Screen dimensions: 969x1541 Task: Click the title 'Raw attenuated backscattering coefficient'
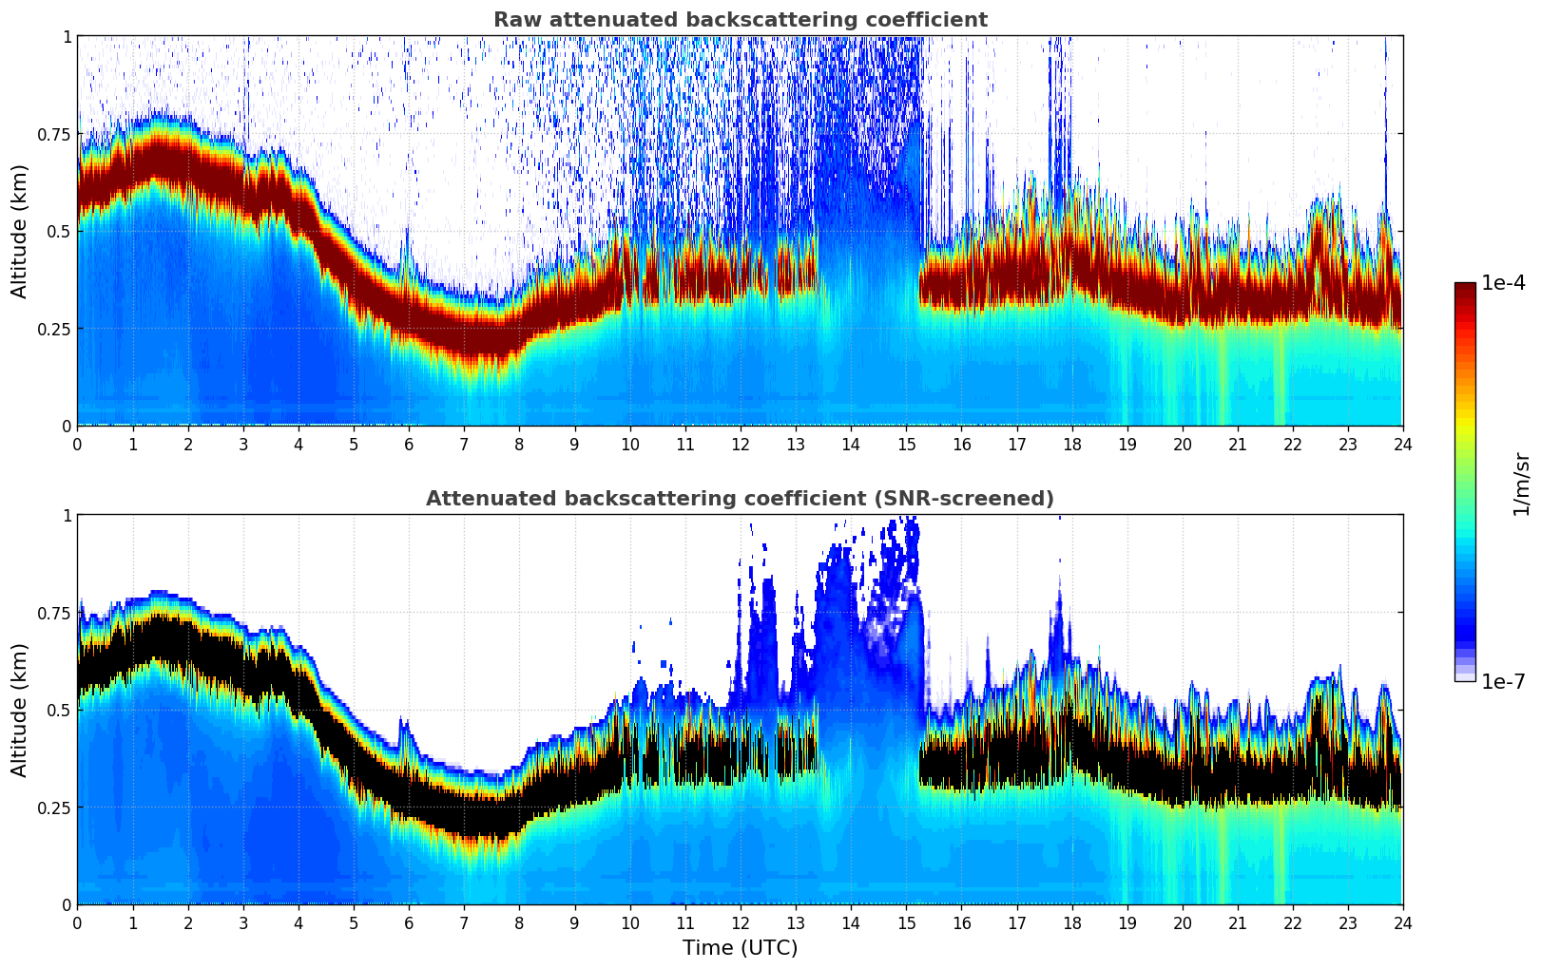coord(740,20)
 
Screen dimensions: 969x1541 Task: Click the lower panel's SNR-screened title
coord(740,499)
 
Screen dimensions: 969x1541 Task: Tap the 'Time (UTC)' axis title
coord(740,948)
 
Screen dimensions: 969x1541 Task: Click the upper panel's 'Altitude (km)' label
coord(20,231)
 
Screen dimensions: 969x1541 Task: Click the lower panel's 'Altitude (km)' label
coord(20,710)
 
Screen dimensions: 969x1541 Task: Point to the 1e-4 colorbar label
coord(1503,283)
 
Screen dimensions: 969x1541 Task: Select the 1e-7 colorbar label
coord(1503,682)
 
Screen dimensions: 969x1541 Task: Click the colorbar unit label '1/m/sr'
coord(1521,484)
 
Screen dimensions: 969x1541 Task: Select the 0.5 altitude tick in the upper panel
coord(61,231)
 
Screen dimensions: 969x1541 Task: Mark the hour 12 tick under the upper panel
coord(740,444)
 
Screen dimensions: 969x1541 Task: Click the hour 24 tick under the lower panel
coord(1402,922)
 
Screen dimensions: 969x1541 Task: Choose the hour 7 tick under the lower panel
coord(464,922)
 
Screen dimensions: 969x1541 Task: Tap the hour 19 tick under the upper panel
coord(1127,444)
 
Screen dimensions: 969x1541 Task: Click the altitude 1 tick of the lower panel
coord(67,516)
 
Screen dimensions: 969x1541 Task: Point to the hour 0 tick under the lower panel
coord(77,922)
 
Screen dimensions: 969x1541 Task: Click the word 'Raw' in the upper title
coord(513,20)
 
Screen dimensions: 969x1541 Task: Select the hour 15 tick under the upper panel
coord(906,444)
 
